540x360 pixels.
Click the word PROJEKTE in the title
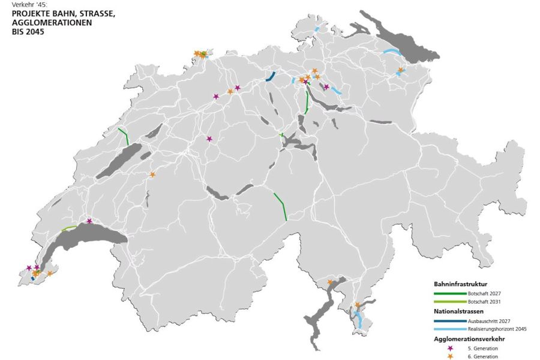30,14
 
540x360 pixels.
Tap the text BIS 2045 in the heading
28,32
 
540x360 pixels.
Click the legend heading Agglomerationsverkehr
469,339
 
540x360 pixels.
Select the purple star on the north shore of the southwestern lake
89,221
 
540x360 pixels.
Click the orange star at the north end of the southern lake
329,282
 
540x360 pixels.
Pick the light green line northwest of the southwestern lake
68,228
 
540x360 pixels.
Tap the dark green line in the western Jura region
123,136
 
